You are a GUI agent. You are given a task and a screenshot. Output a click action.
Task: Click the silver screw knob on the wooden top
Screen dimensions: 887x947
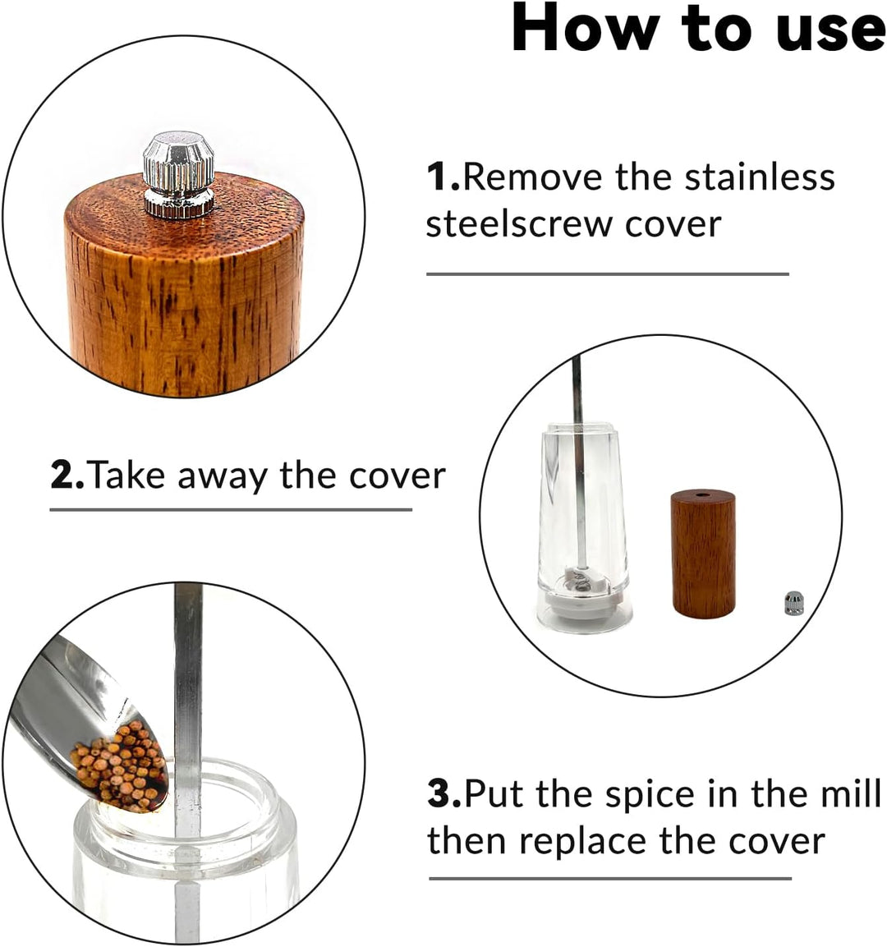179,174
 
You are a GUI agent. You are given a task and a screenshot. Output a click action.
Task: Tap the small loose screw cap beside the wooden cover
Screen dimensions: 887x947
793,604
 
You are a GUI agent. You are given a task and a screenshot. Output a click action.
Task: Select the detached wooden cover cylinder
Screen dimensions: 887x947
703,554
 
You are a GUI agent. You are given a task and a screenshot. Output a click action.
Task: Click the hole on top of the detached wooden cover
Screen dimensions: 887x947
703,494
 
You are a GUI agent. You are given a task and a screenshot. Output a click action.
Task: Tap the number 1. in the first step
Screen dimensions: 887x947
443,177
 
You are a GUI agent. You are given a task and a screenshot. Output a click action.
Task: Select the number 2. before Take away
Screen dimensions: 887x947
68,476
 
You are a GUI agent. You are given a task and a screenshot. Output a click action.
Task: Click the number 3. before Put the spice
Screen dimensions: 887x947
444,793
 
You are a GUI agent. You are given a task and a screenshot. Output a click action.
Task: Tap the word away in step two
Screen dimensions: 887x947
222,477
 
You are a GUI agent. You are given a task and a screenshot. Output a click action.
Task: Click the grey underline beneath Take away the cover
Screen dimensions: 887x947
231,510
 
